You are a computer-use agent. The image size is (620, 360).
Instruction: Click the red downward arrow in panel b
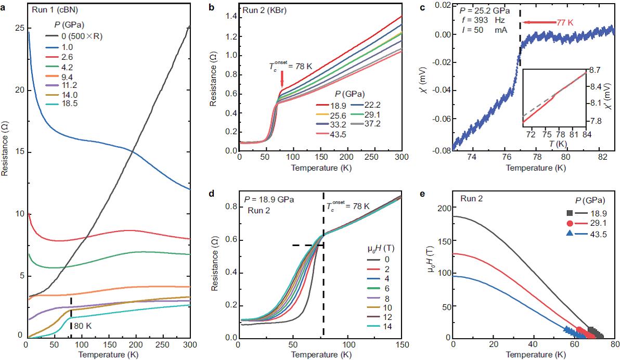coord(281,79)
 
